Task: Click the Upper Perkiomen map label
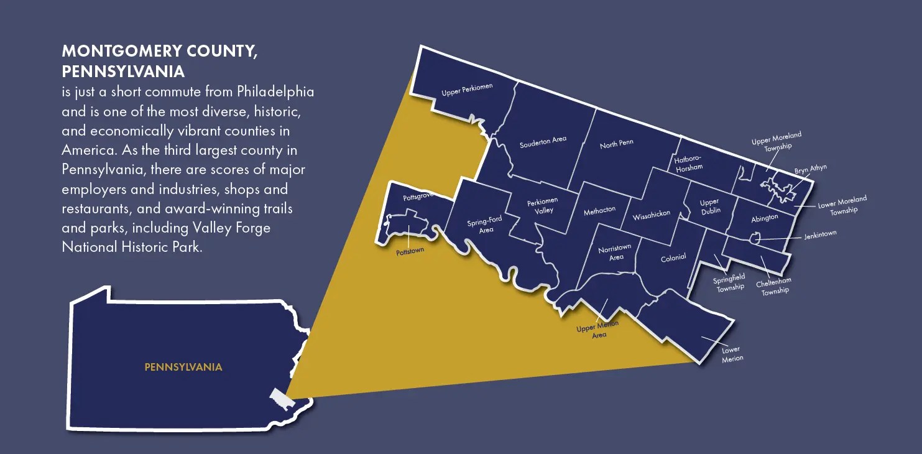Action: [x=467, y=90]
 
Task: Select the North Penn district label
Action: [x=617, y=144]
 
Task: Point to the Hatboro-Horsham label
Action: [x=688, y=164]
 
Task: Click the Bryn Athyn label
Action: [x=811, y=170]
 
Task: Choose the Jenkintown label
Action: [x=820, y=234]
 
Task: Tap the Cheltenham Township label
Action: [x=774, y=286]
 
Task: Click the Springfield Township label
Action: [x=729, y=282]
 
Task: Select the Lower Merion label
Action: [x=732, y=354]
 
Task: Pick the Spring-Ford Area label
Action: [x=484, y=225]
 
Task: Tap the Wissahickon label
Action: [x=652, y=215]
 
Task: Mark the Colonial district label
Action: [x=673, y=257]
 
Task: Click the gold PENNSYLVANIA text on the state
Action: [x=183, y=367]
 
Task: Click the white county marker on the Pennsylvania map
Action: [x=278, y=399]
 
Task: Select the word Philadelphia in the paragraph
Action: [x=275, y=92]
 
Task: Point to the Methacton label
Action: [x=599, y=210]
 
